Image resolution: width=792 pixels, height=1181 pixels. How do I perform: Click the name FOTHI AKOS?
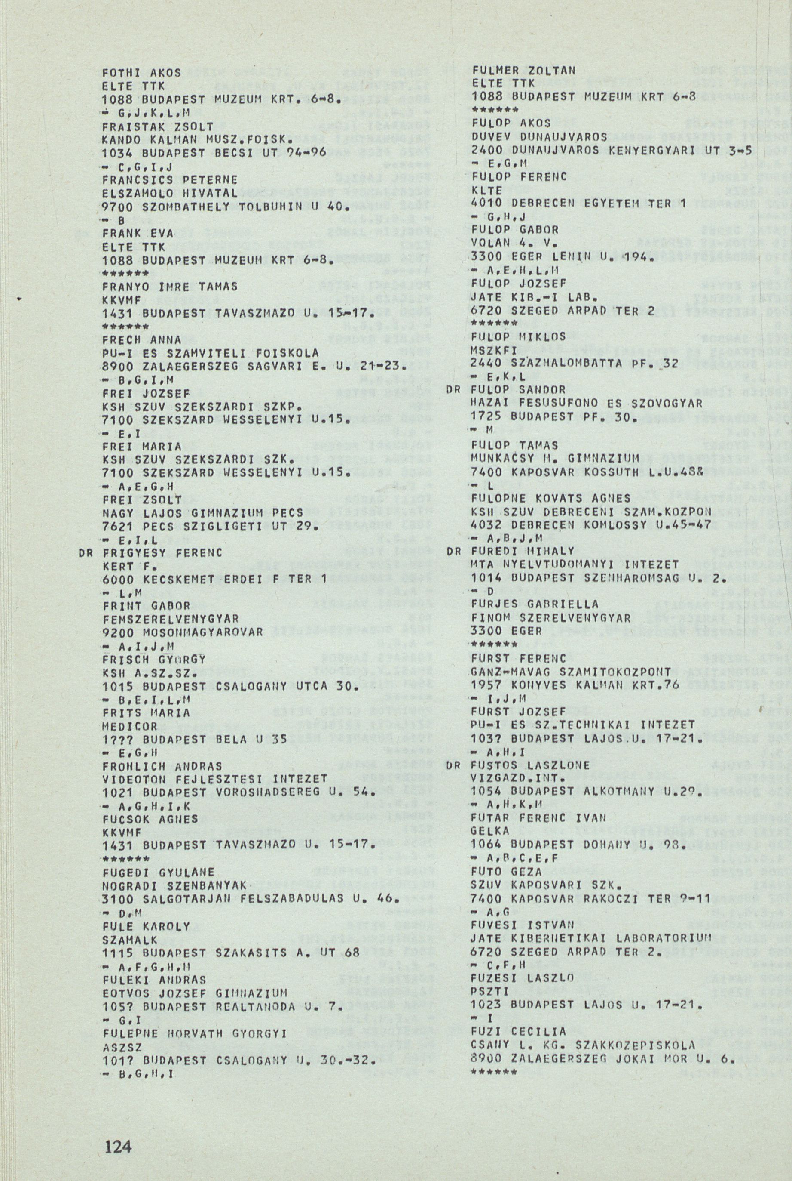click(x=130, y=73)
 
